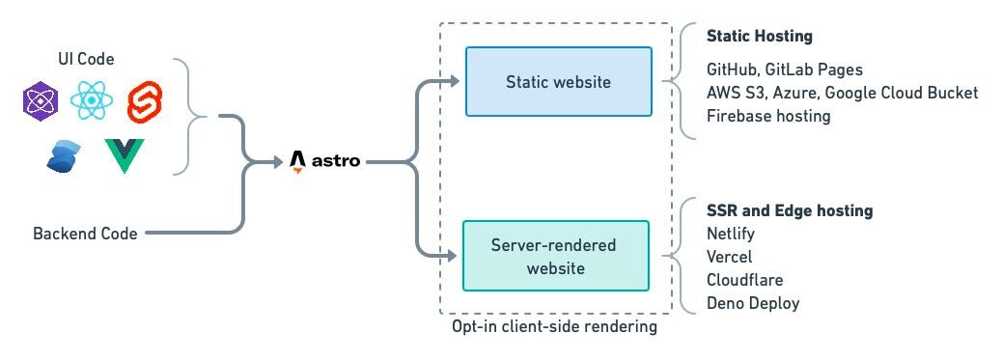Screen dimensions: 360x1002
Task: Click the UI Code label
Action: [x=86, y=60]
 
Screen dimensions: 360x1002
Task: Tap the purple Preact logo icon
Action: [x=42, y=101]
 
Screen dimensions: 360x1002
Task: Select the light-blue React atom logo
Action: [x=91, y=101]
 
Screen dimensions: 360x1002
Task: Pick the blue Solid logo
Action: [x=64, y=155]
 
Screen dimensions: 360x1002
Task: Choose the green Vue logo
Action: [x=124, y=155]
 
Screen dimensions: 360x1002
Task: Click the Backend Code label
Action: [x=85, y=234]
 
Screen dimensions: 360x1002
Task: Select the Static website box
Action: [x=558, y=82]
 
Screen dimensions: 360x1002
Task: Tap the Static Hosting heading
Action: [x=759, y=37]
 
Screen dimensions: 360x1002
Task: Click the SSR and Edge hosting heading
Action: [x=790, y=210]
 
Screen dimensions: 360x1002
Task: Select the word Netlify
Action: [x=731, y=234]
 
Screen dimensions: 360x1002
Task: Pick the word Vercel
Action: [x=729, y=257]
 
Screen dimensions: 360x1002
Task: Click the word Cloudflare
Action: [x=744, y=280]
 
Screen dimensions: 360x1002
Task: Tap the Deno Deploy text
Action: [x=753, y=303]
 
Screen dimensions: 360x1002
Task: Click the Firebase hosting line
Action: [x=768, y=116]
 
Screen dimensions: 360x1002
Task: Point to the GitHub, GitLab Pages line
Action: [x=785, y=69]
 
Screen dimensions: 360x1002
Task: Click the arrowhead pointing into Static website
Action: [x=455, y=82]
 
